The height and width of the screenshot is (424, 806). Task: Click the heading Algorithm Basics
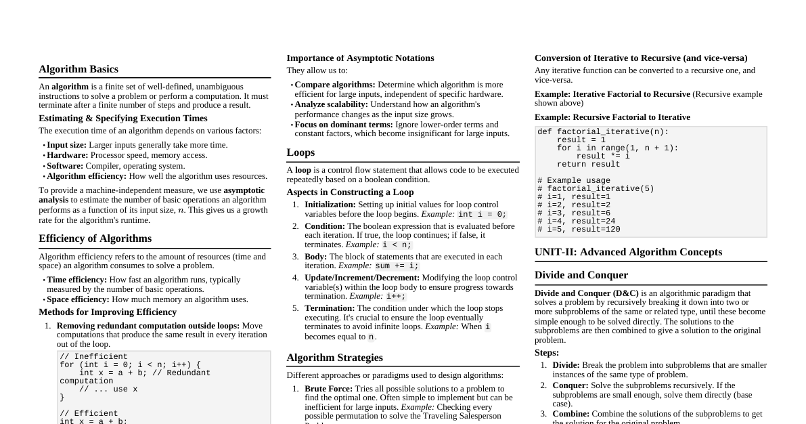79,69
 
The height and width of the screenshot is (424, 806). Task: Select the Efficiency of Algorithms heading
95,238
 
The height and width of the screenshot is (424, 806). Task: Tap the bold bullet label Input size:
66,145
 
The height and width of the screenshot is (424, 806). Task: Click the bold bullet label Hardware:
68,155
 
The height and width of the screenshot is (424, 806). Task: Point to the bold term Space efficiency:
78,299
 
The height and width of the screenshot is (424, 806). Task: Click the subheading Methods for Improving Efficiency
108,312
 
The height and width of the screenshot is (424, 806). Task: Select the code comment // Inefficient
93,357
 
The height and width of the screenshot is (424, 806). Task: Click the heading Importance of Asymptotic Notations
360,58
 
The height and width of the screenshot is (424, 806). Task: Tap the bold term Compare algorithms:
335,85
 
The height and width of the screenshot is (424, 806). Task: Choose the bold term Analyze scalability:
332,104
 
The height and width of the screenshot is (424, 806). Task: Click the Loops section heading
300,152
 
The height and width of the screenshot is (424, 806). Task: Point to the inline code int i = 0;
482,215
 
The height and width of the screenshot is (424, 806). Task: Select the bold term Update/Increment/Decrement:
362,278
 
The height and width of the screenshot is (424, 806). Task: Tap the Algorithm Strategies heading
334,358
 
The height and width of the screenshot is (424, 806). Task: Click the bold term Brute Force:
328,389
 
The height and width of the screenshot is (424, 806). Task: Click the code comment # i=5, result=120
579,230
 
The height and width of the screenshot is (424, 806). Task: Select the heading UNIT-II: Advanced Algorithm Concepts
628,252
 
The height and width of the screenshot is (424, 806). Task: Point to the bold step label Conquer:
570,385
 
